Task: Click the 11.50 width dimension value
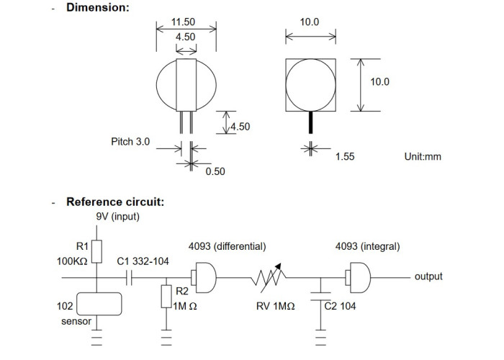[183, 22]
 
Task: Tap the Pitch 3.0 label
[130, 141]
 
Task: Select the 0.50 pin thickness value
[215, 171]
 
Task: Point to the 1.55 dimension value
[345, 156]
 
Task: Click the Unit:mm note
[423, 156]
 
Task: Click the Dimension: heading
[98, 7]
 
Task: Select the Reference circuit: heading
[115, 202]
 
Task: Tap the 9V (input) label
[118, 217]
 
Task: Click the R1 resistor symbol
[96, 252]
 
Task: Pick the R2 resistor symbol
[166, 297]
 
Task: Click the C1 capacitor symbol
[129, 277]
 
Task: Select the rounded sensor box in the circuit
[99, 304]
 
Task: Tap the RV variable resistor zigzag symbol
[269, 277]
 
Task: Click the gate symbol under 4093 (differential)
[204, 277]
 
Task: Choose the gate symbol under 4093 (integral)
[358, 277]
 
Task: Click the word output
[428, 276]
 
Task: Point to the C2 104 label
[340, 306]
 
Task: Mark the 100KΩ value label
[72, 261]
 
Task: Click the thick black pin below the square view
[310, 122]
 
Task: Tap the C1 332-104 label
[143, 261]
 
